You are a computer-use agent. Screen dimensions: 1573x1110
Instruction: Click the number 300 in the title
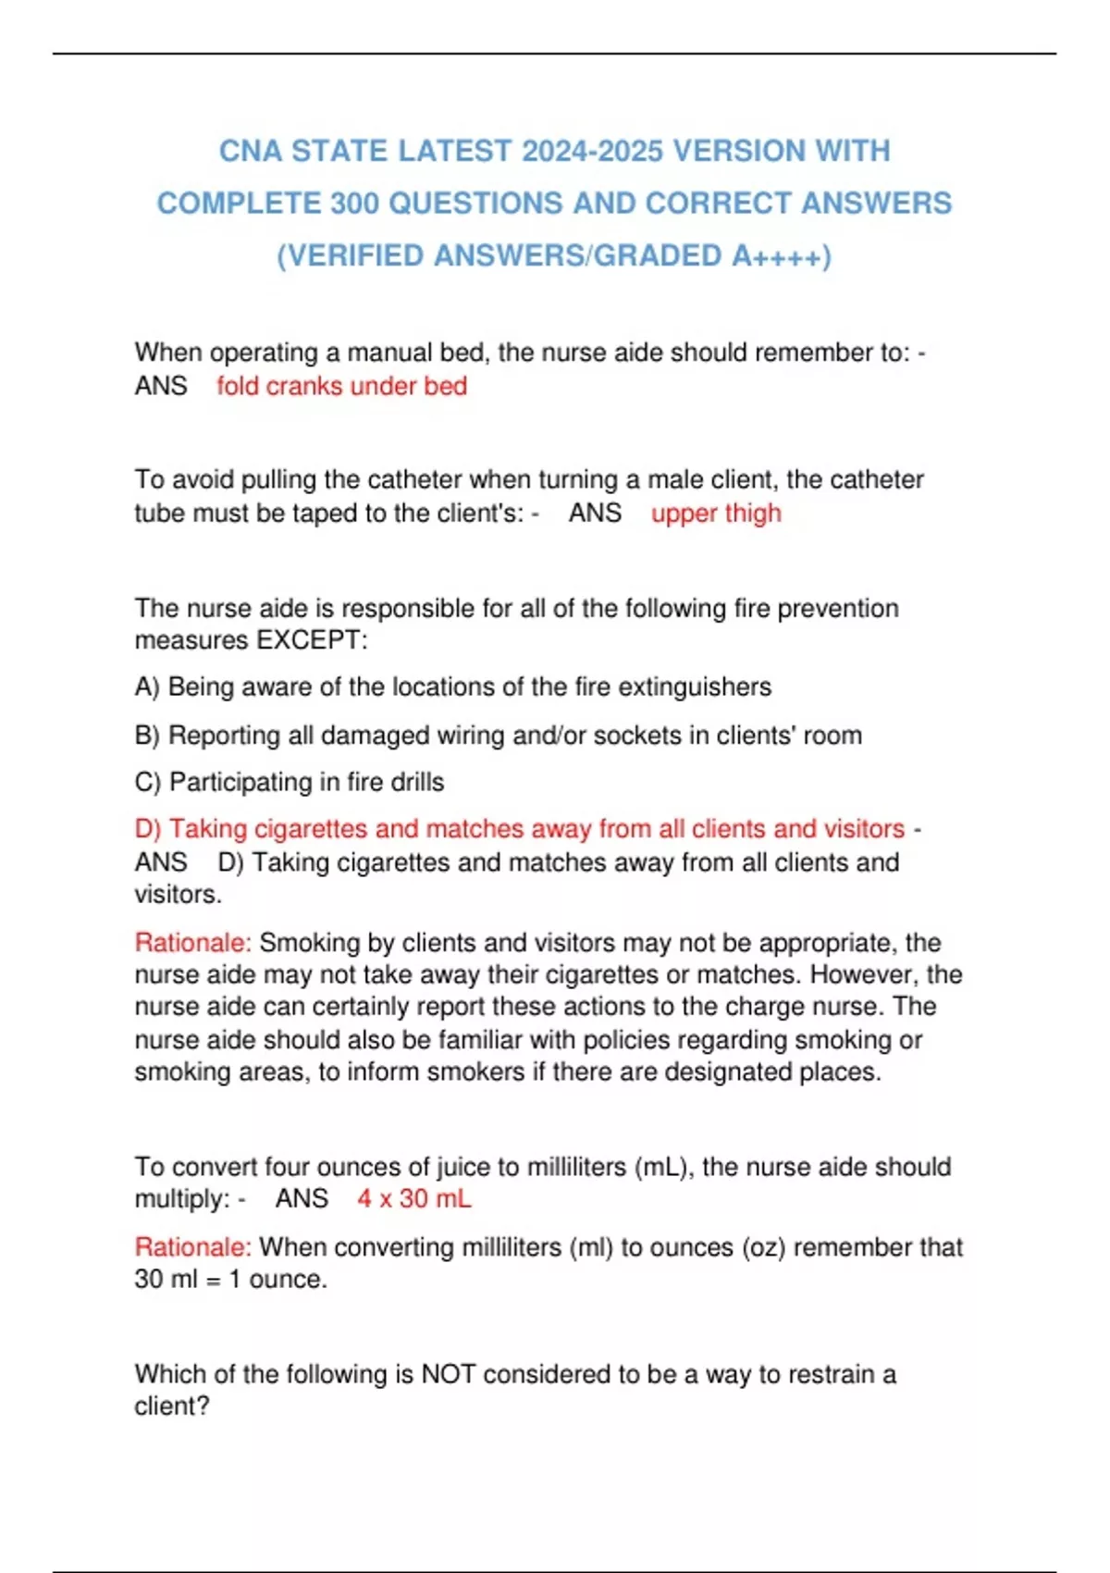[x=354, y=203]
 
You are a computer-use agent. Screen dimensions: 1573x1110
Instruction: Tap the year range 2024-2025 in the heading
[x=592, y=151]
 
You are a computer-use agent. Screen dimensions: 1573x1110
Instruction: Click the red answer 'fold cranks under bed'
[x=341, y=386]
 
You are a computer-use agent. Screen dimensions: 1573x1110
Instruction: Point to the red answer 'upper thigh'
[x=716, y=513]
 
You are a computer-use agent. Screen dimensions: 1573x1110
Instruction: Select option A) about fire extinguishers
[x=452, y=687]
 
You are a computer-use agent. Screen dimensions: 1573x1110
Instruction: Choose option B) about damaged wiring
[x=498, y=735]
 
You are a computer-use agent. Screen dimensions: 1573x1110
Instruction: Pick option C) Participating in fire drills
[x=289, y=782]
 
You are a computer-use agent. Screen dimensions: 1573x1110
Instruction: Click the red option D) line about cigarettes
[x=519, y=828]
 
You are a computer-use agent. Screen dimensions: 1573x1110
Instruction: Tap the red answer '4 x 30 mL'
[x=414, y=1198]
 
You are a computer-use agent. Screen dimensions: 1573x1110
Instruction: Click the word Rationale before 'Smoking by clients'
[x=192, y=943]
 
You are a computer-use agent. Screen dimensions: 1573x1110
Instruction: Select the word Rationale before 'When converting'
[x=192, y=1247]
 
